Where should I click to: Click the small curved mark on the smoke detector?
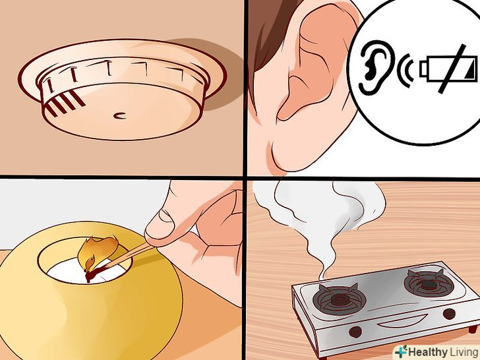pos(119,116)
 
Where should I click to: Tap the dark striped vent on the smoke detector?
pos(65,104)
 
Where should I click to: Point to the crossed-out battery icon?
pos(448,69)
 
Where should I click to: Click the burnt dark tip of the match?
pos(95,273)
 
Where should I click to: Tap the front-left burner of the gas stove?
pos(339,299)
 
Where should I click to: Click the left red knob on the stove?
pos(356,332)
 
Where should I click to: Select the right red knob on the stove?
pos(449,314)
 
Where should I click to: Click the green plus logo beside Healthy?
pos(401,351)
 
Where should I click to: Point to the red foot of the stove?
pos(472,330)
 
